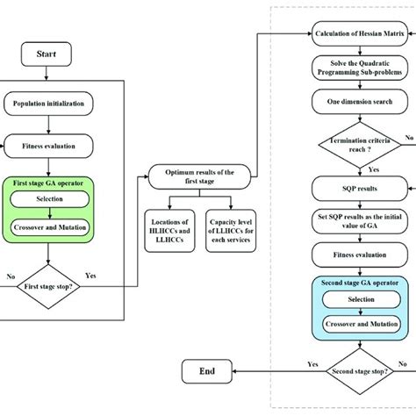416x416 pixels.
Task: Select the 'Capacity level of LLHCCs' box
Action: coord(231,230)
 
